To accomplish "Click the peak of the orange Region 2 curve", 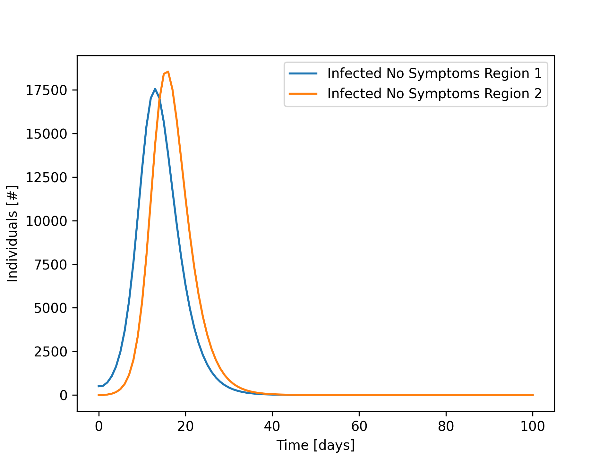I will click(168, 72).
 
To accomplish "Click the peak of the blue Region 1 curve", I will click(155, 89).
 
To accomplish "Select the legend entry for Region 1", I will click(434, 73).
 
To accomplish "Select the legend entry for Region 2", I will click(434, 94).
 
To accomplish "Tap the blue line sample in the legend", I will click(303, 73).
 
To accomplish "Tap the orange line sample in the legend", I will click(303, 94).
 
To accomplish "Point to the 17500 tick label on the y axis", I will click(47, 90).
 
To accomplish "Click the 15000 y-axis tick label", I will click(47, 134).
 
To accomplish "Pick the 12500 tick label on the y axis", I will click(47, 177).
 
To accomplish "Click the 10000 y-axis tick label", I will click(47, 221).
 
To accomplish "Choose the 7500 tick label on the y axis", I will click(51, 265).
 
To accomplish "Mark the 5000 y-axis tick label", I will click(51, 308).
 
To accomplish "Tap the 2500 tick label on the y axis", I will click(51, 352).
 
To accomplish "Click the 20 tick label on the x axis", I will click(185, 426).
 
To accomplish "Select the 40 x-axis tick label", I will click(272, 426).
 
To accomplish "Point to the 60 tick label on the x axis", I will click(359, 426).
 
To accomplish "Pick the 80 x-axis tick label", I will click(446, 426).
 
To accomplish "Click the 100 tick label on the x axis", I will click(533, 426).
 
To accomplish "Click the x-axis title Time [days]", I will click(316, 445).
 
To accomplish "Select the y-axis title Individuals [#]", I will click(13, 234).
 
